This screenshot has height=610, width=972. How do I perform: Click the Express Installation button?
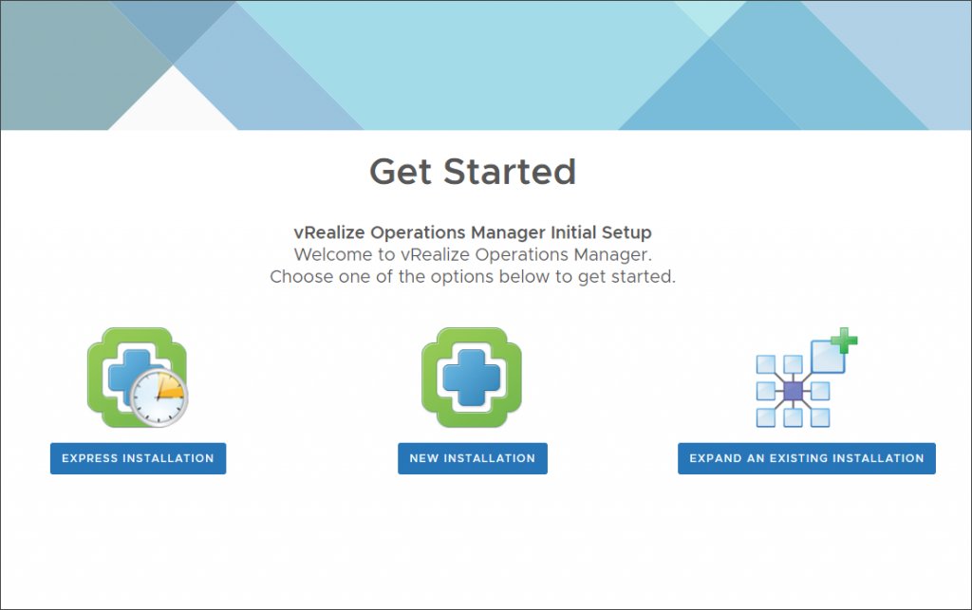(x=138, y=458)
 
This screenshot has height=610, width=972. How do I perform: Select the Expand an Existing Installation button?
(x=806, y=458)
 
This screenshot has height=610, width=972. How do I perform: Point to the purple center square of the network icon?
(x=794, y=391)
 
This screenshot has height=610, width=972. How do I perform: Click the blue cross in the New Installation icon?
(x=472, y=376)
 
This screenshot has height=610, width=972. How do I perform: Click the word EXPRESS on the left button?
(x=90, y=458)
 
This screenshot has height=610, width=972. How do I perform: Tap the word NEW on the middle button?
(x=423, y=458)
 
